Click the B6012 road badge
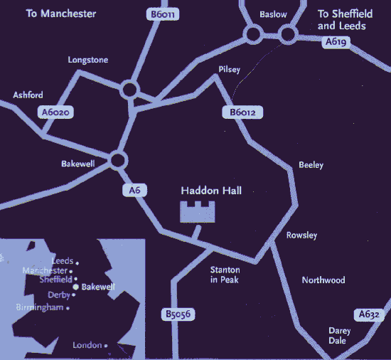pyautogui.click(x=242, y=112)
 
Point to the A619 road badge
pyautogui.click(x=336, y=43)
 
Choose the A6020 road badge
pyautogui.click(x=57, y=112)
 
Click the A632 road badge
pyautogui.click(x=368, y=314)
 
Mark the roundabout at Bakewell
pyautogui.click(x=117, y=160)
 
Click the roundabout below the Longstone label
pyautogui.click(x=129, y=90)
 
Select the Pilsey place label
pyautogui.click(x=230, y=69)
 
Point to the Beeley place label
pyautogui.click(x=311, y=165)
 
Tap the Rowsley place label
pyautogui.click(x=301, y=235)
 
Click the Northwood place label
pyautogui.click(x=323, y=280)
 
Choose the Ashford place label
pyautogui.click(x=28, y=95)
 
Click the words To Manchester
pyautogui.click(x=61, y=14)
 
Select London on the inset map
pyautogui.click(x=87, y=345)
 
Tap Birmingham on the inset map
pyautogui.click(x=41, y=307)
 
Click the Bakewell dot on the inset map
pyautogui.click(x=76, y=287)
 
